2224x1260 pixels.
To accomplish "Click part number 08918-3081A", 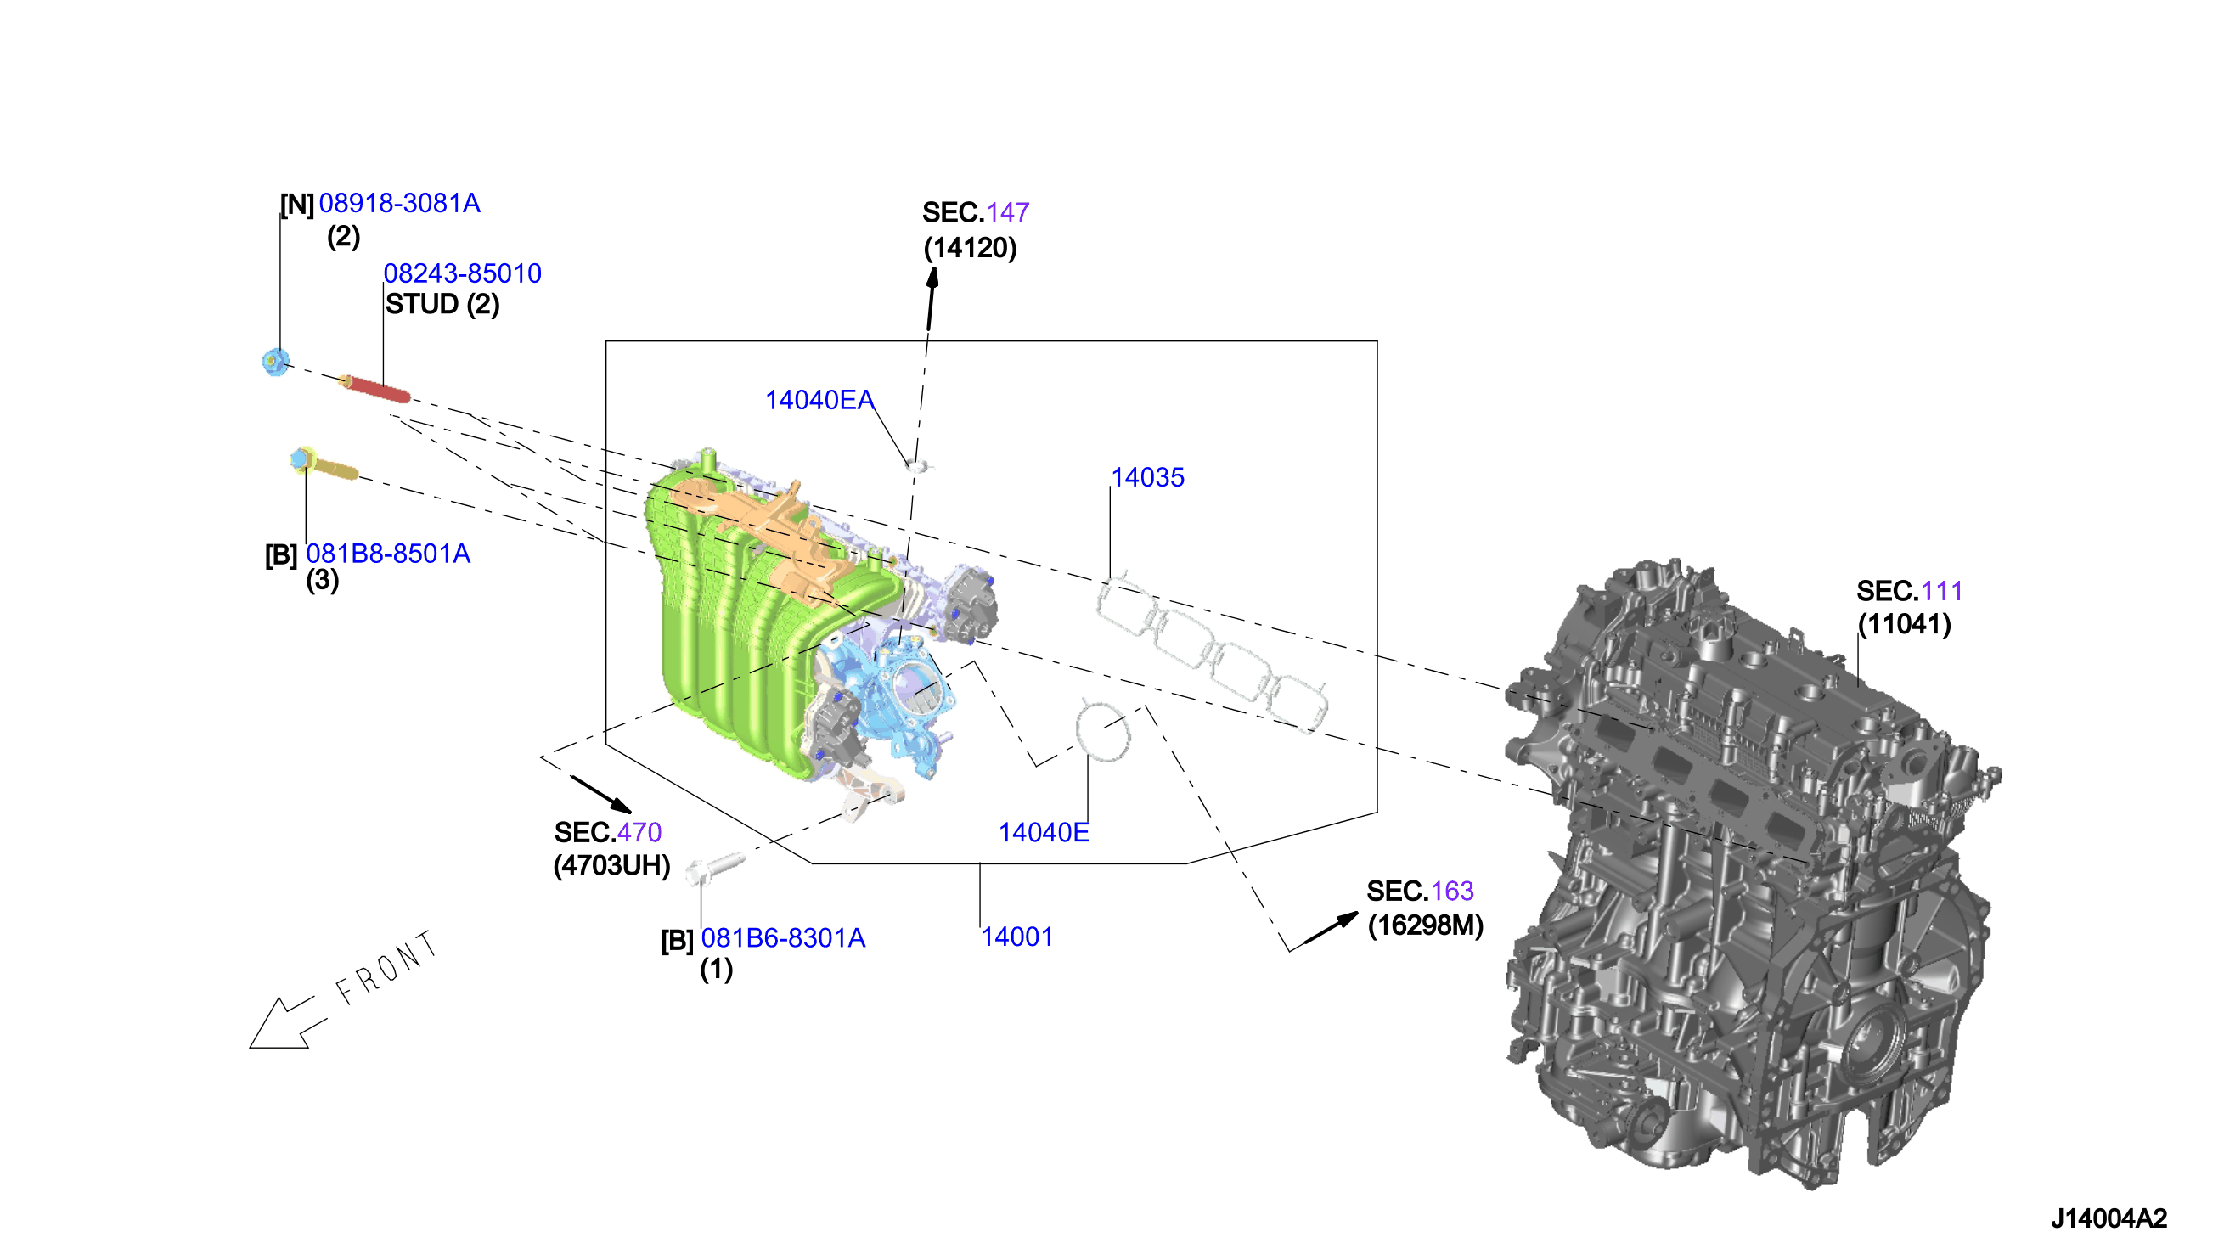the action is tap(399, 204).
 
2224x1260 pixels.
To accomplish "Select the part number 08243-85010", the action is tap(462, 273).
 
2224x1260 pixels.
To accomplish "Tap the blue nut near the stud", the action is tap(275, 361).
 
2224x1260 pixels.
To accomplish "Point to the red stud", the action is tap(374, 389).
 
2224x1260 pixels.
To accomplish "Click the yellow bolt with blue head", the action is tap(323, 464).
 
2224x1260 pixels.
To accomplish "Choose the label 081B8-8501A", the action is tap(389, 554).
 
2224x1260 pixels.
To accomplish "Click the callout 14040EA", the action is tap(819, 400).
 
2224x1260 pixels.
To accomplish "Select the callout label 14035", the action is tap(1147, 478).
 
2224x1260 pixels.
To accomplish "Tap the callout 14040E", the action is tap(1044, 832).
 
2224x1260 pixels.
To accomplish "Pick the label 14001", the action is tap(1016, 937).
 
